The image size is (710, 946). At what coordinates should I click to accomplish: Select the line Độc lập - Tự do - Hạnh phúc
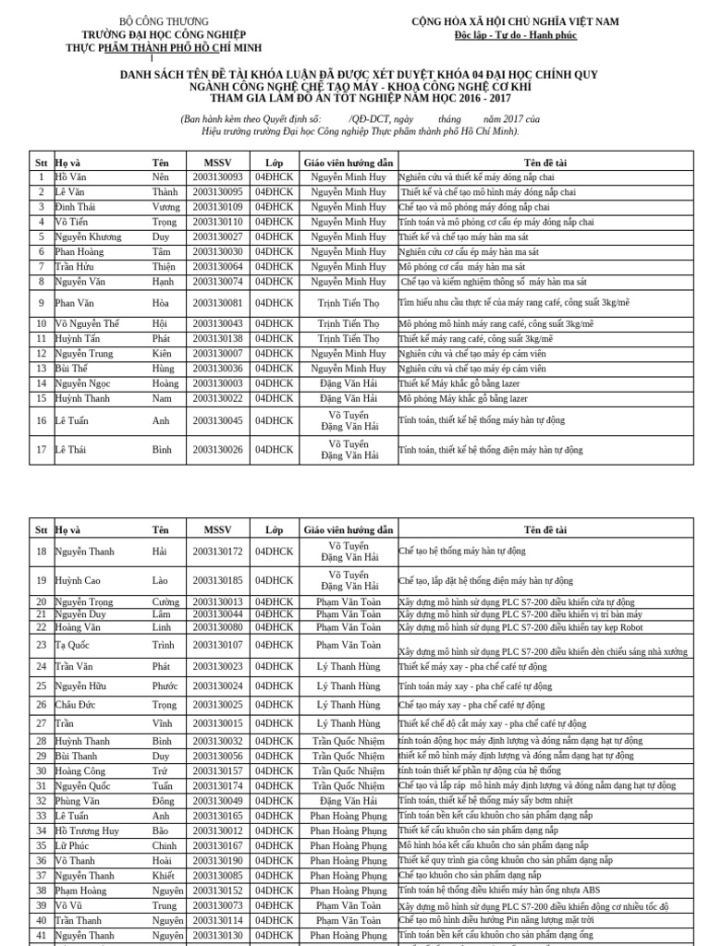pos(515,35)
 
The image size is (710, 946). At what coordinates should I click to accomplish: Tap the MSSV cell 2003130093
pos(217,176)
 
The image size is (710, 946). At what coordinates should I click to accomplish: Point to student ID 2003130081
pos(217,302)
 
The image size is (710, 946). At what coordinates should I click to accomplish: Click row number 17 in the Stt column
pos(41,450)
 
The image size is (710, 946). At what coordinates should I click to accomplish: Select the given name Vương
pos(166,207)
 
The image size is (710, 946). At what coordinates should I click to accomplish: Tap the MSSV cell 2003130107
pos(217,645)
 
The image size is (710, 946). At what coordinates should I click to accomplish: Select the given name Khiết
pos(164,875)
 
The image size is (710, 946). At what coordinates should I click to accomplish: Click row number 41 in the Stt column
pos(41,936)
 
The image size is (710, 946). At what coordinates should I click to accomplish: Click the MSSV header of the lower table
pos(217,529)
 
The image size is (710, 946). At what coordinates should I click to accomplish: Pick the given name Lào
pos(161,580)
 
